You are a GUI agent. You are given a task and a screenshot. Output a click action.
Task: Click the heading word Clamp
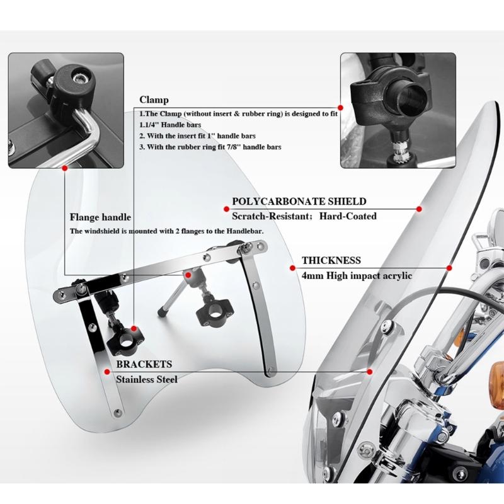coord(154,100)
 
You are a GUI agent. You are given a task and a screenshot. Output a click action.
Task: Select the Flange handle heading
coord(100,217)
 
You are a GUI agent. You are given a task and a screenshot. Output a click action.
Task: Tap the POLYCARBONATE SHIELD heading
coord(299,201)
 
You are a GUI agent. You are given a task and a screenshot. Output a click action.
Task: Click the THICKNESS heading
coord(331,260)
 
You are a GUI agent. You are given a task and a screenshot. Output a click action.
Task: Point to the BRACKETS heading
coord(144,364)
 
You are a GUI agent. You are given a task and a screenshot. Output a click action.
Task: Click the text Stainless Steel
coord(147,379)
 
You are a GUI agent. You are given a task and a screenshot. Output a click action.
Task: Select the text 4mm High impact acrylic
coord(357,276)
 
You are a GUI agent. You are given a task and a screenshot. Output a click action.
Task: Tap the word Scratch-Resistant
coord(270,216)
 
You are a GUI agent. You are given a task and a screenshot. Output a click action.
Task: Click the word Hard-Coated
coord(348,216)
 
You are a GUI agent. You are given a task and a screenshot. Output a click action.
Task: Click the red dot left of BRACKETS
coord(107,372)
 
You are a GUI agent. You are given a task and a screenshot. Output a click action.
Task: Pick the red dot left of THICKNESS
coord(292,268)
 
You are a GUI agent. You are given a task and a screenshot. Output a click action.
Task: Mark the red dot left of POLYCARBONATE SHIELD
coord(226,209)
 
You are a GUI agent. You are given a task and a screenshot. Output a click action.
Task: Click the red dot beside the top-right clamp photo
coord(340,108)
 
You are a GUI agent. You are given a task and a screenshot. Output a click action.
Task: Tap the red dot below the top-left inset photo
coord(65,168)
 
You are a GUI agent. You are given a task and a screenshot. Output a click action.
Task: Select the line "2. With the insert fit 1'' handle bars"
coord(197,136)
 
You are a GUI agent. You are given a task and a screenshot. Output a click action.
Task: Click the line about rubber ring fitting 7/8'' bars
coord(210,147)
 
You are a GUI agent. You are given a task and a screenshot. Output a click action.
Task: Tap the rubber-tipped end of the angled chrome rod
coord(162,312)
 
